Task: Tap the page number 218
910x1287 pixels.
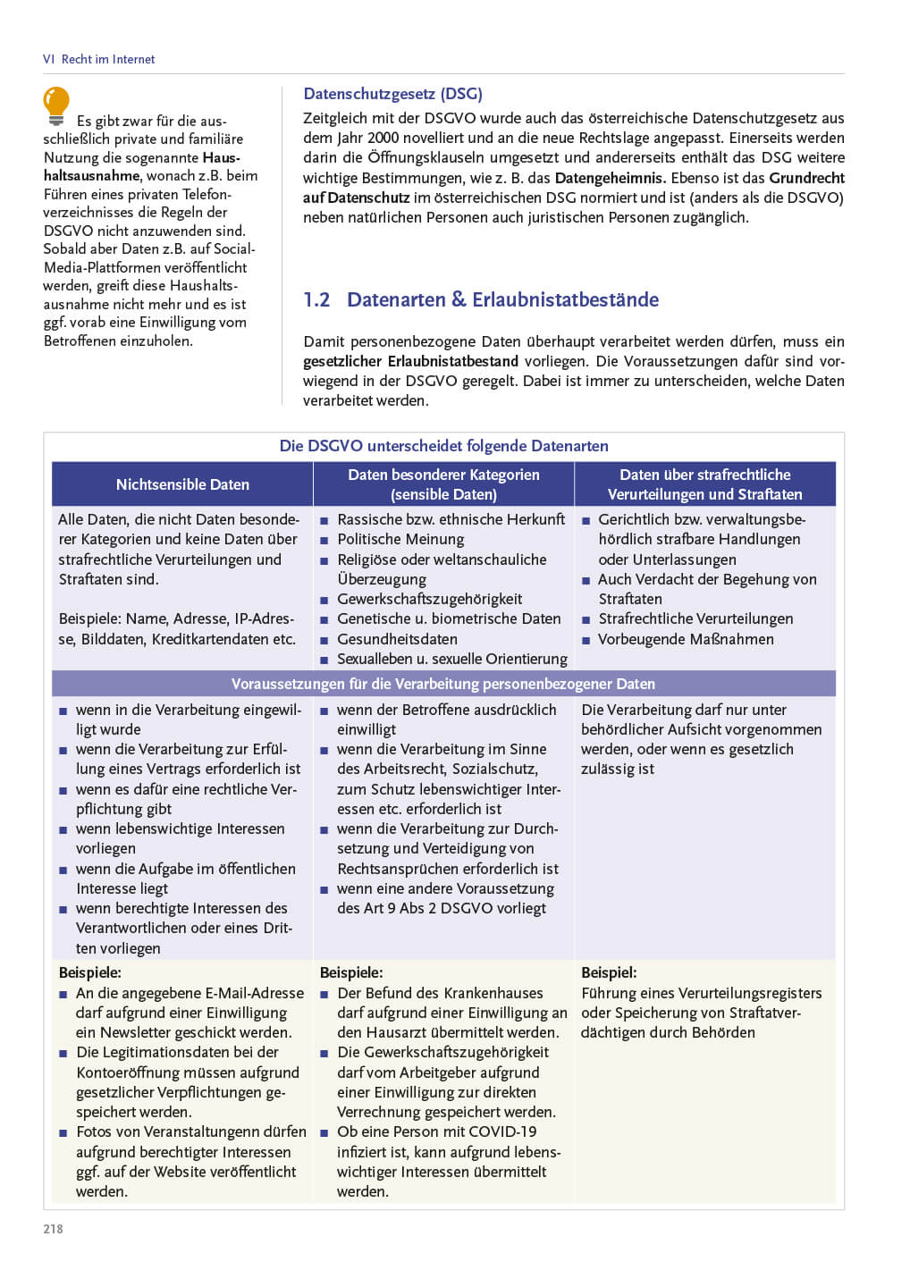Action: (x=54, y=1229)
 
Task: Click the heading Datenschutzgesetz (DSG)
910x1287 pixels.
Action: (x=392, y=94)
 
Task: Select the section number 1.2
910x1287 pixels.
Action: (x=316, y=299)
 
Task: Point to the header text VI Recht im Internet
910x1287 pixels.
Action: (x=98, y=59)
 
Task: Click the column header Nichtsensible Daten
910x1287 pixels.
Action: (x=182, y=484)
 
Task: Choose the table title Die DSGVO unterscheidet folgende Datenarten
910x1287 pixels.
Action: (x=443, y=446)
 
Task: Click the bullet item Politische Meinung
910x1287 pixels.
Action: (x=400, y=539)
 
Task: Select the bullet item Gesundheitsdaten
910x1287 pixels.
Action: (x=397, y=639)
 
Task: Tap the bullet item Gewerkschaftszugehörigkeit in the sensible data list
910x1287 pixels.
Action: (x=429, y=599)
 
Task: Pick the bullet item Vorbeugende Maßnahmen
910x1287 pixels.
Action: (x=686, y=639)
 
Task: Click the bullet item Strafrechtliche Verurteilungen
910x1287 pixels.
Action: (x=695, y=618)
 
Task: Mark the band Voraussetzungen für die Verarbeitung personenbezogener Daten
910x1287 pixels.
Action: (x=443, y=684)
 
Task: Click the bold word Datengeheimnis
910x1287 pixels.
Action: (x=611, y=178)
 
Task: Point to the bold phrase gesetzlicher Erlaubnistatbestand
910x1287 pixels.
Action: (x=410, y=361)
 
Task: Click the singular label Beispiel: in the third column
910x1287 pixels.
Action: (x=609, y=972)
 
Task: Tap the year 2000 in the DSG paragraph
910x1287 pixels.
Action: (x=382, y=138)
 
